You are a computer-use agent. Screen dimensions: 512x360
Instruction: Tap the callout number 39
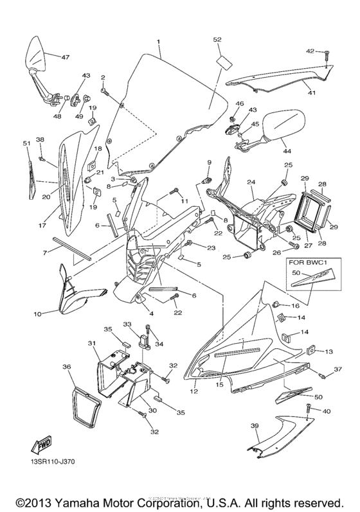[x=254, y=425]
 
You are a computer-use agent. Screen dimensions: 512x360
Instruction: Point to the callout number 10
[x=37, y=313]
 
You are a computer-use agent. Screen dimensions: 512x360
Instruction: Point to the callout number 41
[x=311, y=93]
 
